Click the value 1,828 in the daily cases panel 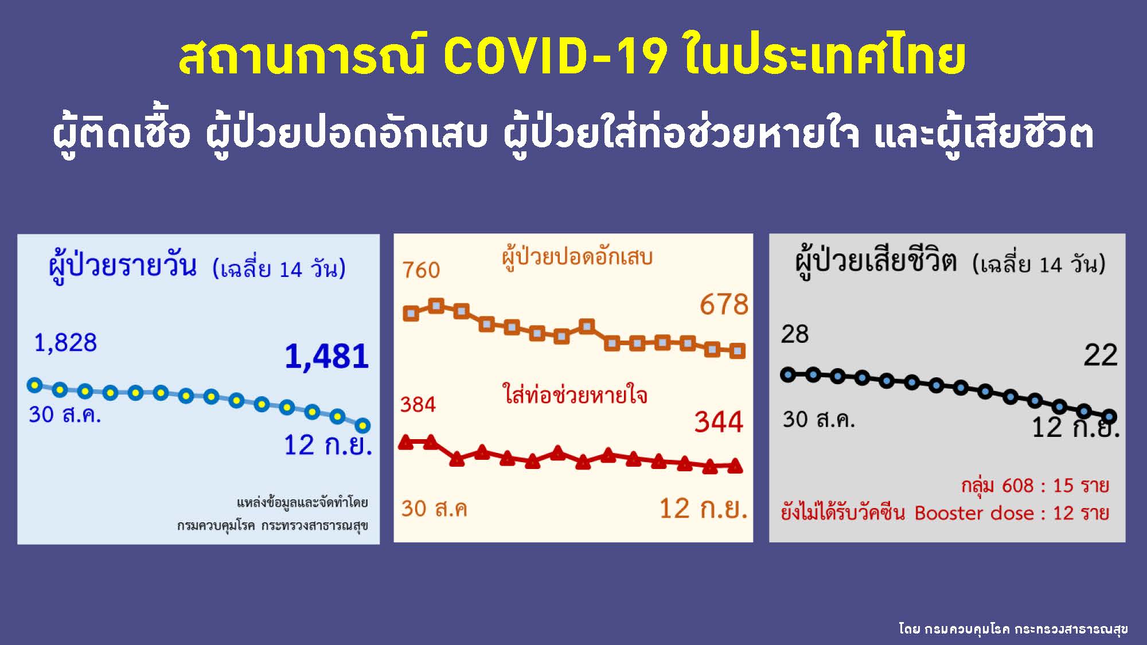65,343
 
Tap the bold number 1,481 327,356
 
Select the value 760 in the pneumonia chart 421,270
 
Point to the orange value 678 724,304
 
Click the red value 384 418,405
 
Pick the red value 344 719,422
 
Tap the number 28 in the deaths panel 794,334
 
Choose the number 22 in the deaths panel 1100,355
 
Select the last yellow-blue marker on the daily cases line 362,425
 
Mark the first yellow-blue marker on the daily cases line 35,385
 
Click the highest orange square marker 436,306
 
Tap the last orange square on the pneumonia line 738,351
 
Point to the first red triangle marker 406,442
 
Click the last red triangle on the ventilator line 735,467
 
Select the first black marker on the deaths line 789,375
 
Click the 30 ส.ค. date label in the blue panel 65,415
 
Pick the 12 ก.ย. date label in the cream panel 703,509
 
